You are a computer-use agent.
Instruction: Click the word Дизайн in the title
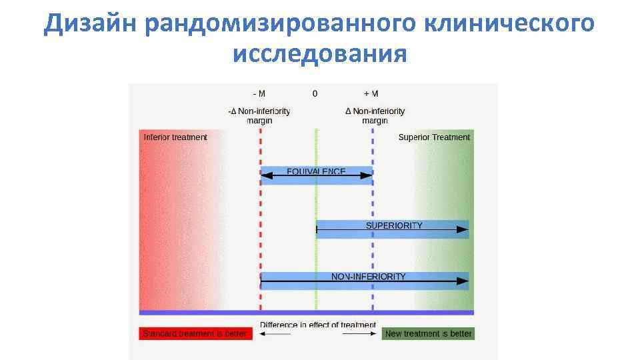click(x=89, y=25)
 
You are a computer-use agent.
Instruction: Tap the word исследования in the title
click(x=319, y=54)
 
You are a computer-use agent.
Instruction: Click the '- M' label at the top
click(x=259, y=94)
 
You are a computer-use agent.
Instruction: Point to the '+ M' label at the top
click(x=371, y=94)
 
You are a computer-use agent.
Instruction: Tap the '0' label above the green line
click(x=315, y=94)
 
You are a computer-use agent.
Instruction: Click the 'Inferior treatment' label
click(x=175, y=137)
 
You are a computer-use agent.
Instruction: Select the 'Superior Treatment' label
click(x=434, y=137)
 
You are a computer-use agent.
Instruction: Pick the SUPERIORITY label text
click(x=393, y=225)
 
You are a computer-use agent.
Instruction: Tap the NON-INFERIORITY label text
click(x=368, y=276)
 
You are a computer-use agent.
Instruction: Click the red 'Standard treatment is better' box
click(x=196, y=333)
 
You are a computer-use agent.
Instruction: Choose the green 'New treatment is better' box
click(x=428, y=333)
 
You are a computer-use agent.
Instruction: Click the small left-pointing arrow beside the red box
click(x=275, y=333)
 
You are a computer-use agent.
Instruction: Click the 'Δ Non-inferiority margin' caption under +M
click(x=375, y=116)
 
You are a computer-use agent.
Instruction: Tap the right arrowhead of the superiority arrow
click(x=463, y=229)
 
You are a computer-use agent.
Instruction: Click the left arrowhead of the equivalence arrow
click(x=265, y=176)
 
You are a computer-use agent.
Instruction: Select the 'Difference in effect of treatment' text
click(x=318, y=325)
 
